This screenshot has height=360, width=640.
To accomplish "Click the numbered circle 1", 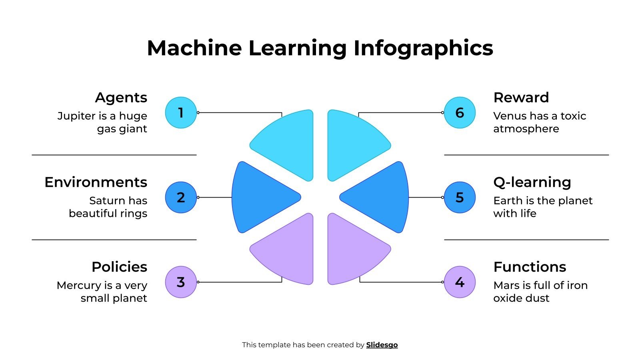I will point(181,113).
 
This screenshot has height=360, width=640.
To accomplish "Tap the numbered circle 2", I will point(181,198).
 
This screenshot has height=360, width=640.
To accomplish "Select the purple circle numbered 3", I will point(181,282).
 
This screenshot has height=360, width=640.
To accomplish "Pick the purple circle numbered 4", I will point(460,282).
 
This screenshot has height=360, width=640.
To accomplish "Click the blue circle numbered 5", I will point(460,198).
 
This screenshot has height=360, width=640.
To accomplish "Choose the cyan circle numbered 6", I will point(460,113).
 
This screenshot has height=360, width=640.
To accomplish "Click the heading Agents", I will point(121,98).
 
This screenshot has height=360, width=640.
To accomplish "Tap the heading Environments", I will point(96,182).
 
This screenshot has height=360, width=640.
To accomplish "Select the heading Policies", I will point(119,267).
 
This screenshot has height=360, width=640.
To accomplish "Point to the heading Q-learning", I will point(532,182).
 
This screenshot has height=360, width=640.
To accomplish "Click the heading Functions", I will point(530,267).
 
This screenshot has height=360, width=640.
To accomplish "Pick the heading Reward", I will point(521,98).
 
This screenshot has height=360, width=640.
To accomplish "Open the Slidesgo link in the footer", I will point(382,345).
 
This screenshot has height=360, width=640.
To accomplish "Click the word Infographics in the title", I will point(423,48).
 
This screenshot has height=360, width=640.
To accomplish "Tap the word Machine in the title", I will point(194,48).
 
